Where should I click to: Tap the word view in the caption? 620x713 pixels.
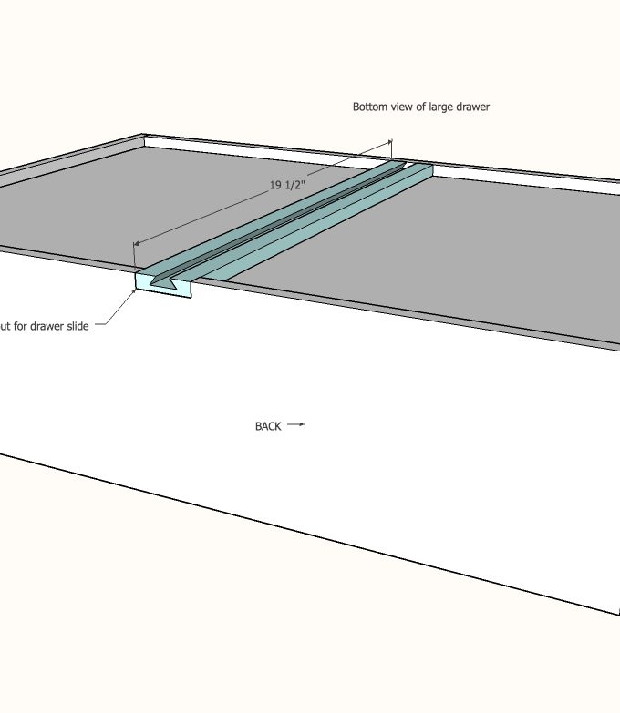tap(400, 107)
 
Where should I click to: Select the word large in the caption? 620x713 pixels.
tap(442, 107)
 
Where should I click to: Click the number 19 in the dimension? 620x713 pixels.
tap(275, 186)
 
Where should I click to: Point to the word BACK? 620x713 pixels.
tap(268, 426)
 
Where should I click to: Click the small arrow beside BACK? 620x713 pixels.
tap(295, 425)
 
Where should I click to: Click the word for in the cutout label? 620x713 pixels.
tap(17, 326)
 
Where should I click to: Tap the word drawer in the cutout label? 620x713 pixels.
tap(45, 326)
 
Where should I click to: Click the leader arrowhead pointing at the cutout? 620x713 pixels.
tap(136, 291)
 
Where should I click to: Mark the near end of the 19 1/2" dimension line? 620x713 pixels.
tap(134, 243)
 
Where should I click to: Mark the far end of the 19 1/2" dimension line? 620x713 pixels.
tap(391, 142)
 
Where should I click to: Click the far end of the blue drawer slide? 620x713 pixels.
tap(416, 167)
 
